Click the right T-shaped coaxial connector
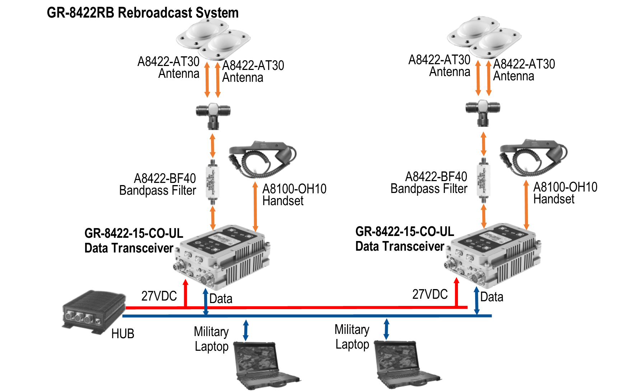pyautogui.click(x=483, y=112)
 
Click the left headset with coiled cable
pyautogui.click(x=262, y=159)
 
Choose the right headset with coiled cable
pyautogui.click(x=533, y=157)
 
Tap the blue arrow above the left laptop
pyautogui.click(x=245, y=330)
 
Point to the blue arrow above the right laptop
pyautogui.click(x=387, y=329)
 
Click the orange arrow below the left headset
pyautogui.click(x=255, y=206)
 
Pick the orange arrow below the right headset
pyautogui.click(x=526, y=204)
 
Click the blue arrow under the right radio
pyautogui.click(x=477, y=301)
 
